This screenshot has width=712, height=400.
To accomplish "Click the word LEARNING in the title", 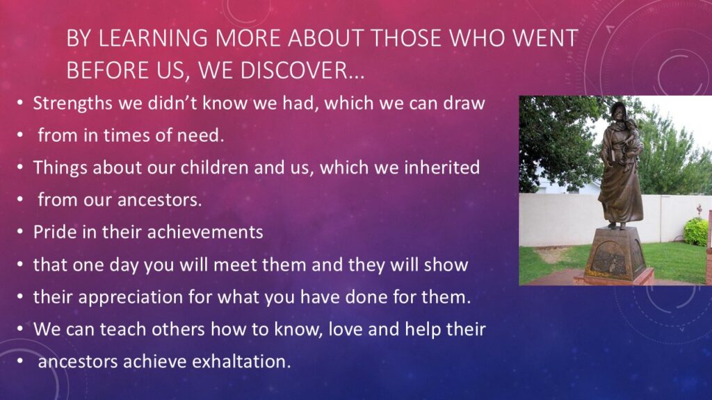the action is (153, 38).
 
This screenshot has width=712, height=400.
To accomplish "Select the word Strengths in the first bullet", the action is (72, 104).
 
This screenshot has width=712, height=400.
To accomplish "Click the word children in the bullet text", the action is (215, 168).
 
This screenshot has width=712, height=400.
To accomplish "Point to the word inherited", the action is (442, 168).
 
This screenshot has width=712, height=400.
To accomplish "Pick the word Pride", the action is (55, 232).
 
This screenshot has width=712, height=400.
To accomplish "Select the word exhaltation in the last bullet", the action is (241, 362).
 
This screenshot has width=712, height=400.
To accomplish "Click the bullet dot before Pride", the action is (20, 232).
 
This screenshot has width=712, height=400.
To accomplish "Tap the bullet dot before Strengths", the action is (20, 103).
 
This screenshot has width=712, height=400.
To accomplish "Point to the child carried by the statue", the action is (632, 136).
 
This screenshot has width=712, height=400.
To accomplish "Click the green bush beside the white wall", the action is (697, 231).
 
